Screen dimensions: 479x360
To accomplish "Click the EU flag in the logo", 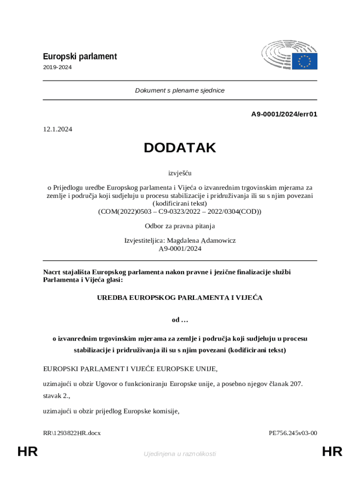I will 305,61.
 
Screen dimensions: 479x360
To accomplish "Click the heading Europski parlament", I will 80,57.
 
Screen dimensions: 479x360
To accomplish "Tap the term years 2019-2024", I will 58,67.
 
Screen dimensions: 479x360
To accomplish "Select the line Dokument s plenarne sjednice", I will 180,90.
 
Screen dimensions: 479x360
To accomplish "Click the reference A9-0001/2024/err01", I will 284,114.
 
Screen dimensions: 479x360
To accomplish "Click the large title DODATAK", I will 180,148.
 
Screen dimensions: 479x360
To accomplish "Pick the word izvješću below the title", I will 180,173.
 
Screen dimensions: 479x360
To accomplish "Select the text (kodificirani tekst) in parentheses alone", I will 180,203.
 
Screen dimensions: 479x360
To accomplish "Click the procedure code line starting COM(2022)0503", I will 180,211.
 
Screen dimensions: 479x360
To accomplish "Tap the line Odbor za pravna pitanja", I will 180,226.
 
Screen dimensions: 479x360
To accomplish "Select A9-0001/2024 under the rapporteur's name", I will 180,249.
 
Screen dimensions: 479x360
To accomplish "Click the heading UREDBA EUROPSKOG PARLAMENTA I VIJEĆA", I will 180,298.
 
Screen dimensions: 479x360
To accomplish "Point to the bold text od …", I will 180,320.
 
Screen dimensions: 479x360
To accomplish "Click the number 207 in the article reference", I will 295,384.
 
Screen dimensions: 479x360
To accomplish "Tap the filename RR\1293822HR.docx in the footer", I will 72,433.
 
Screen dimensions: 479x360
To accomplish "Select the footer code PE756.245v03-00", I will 293,433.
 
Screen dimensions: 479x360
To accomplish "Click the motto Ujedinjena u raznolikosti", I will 180,454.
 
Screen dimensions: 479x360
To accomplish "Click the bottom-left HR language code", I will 28,452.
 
